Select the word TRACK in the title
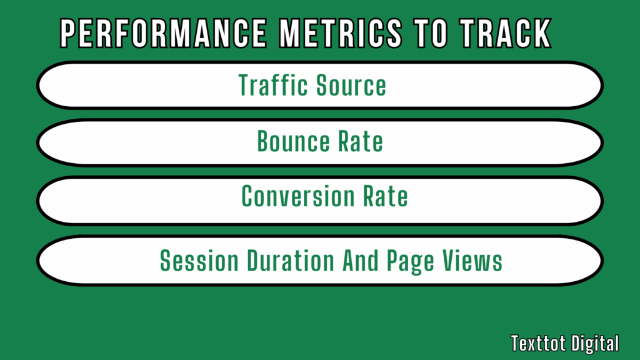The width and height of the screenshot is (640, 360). coord(503,32)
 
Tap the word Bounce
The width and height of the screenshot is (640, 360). coord(293,142)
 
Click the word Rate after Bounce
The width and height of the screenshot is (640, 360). coord(361,142)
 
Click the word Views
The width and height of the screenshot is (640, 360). coord(474,260)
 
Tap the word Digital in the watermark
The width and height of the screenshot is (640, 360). coord(594,342)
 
